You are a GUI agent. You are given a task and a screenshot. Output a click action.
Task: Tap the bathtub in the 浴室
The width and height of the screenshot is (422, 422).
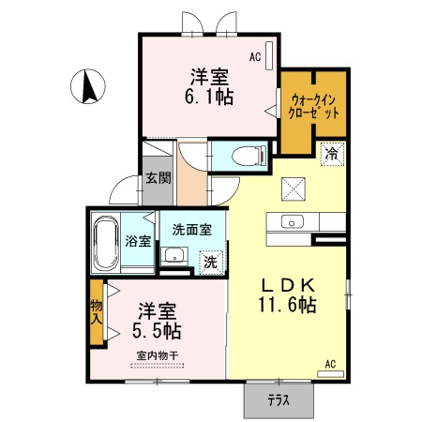[104, 241]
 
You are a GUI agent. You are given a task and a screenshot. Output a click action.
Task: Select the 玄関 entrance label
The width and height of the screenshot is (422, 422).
[156, 179]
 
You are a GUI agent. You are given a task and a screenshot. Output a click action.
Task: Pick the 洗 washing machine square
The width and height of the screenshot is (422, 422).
[210, 262]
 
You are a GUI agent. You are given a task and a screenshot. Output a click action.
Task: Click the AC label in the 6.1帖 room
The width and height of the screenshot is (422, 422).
[254, 57]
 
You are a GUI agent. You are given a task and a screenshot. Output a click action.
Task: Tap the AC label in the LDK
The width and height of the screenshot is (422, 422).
[330, 363]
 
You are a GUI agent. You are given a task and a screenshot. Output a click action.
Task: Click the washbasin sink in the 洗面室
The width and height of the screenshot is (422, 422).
[173, 256]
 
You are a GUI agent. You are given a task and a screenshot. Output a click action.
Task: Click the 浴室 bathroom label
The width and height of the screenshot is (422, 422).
[139, 240]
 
